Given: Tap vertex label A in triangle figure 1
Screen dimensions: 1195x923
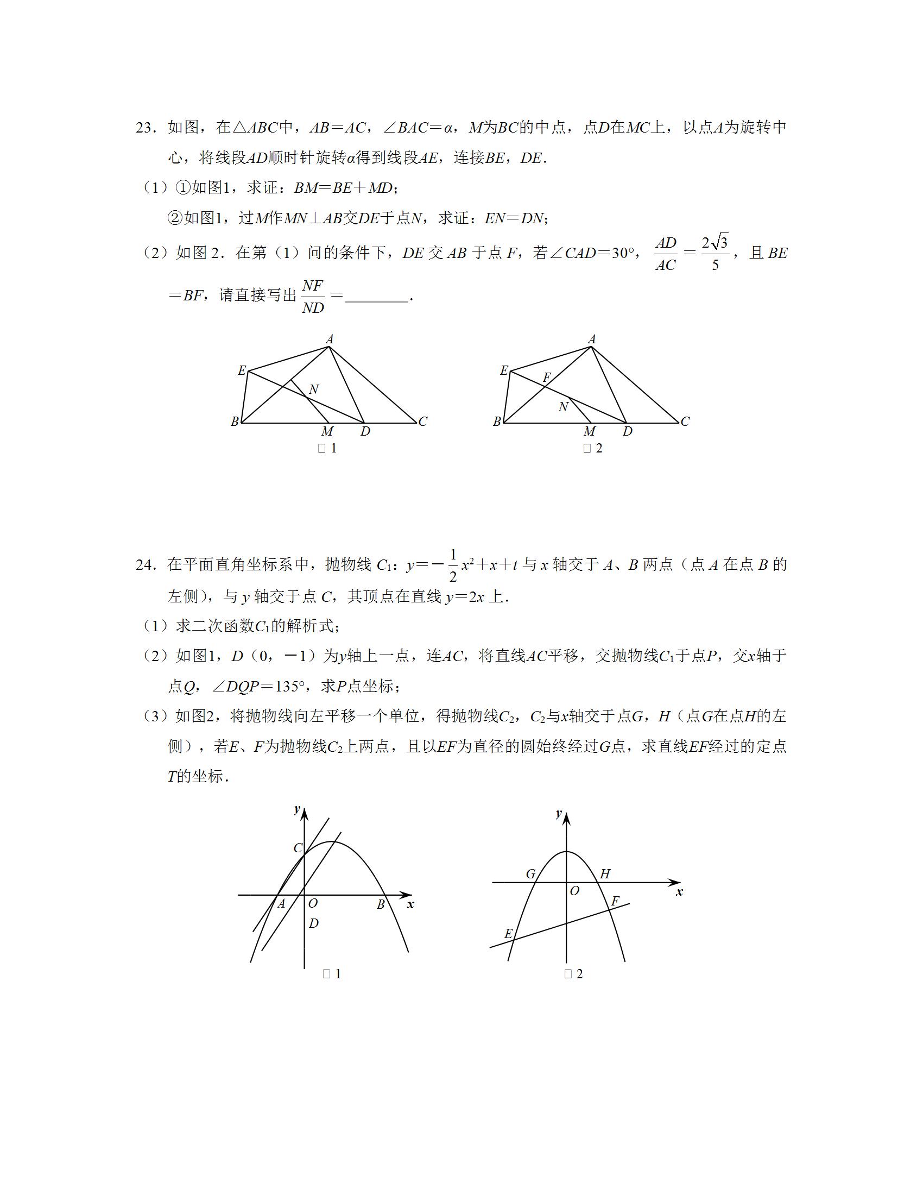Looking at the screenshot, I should click(x=330, y=340).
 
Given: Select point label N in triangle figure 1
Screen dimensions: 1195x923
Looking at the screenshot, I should click(x=313, y=389).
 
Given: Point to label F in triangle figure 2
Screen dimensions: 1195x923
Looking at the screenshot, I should click(x=546, y=378).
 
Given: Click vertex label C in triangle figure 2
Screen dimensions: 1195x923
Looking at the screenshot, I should click(x=685, y=422).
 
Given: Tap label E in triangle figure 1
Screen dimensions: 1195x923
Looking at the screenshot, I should click(x=242, y=371).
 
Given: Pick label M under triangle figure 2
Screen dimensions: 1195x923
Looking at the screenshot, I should click(x=590, y=432).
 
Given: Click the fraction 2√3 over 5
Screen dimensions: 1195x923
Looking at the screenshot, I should click(x=715, y=253).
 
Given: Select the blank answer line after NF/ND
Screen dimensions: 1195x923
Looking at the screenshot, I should click(x=377, y=299).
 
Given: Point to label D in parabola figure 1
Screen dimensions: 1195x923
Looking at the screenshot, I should click(x=313, y=923).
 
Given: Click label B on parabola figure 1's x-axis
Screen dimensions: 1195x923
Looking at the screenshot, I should click(x=381, y=905).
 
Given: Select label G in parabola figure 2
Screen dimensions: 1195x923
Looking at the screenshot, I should click(x=530, y=875).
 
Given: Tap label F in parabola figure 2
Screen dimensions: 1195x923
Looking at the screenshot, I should click(x=615, y=901).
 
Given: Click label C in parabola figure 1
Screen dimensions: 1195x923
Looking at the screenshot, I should click(x=298, y=848).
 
